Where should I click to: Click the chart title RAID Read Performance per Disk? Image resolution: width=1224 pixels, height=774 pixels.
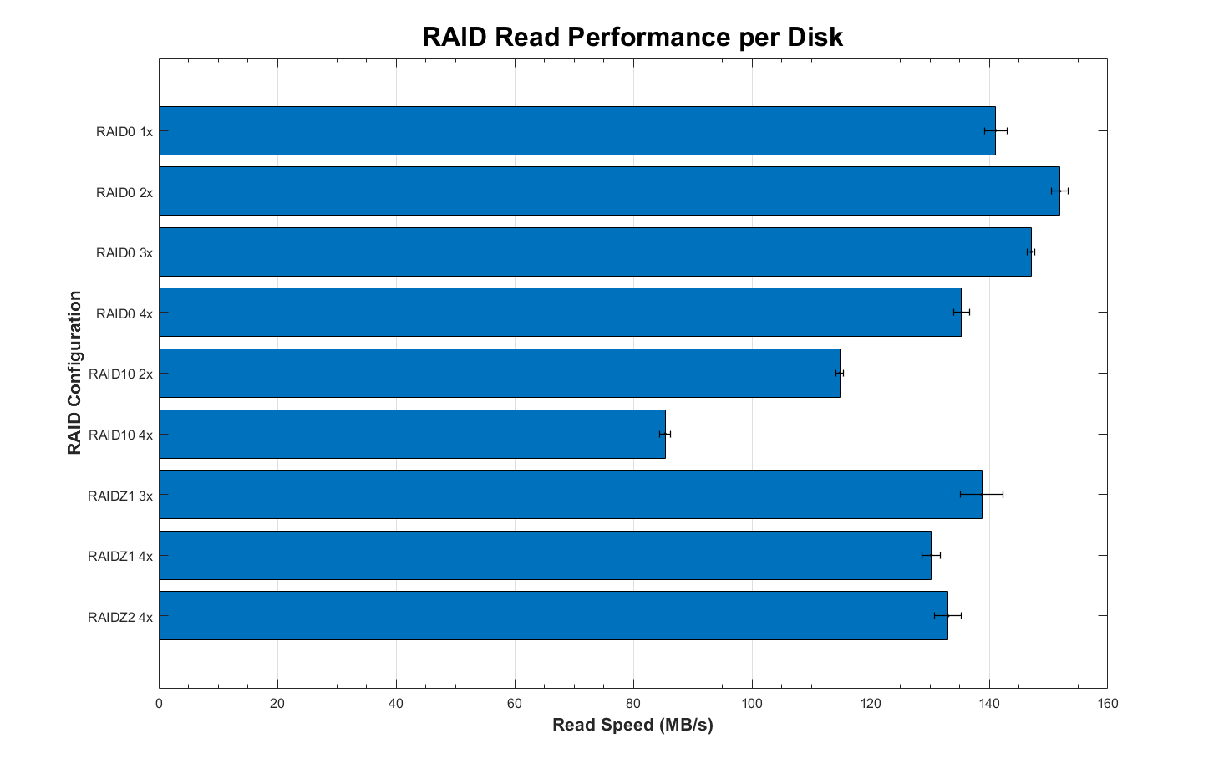point(632,38)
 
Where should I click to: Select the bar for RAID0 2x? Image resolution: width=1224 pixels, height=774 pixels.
point(609,191)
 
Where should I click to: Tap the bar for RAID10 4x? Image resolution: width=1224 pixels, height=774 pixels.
point(412,434)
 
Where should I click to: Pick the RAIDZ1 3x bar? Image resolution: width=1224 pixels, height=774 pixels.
point(570,495)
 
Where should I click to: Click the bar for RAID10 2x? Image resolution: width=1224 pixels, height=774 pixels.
point(499,374)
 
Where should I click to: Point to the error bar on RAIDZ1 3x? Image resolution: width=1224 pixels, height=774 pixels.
point(982,495)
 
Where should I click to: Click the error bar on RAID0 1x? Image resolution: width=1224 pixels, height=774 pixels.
point(996,130)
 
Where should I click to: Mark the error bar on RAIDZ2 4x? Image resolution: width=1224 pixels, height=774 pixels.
point(947,616)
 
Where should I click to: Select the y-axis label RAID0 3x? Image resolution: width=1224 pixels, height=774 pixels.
point(124,252)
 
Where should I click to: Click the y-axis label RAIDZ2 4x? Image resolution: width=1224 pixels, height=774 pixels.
point(120,617)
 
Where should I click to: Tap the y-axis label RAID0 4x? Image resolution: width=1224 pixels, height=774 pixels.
point(124,313)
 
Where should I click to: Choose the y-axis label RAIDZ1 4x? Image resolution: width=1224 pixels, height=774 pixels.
point(120,556)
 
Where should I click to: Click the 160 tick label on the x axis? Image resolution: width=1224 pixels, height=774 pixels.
point(1108,703)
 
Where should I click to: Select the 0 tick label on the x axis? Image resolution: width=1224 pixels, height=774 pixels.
point(159,703)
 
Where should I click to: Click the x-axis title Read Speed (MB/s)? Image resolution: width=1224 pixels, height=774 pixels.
point(632,725)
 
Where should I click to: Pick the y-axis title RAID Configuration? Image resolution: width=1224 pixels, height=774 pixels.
point(75,373)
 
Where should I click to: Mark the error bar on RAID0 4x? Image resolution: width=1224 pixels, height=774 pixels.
point(962,313)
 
